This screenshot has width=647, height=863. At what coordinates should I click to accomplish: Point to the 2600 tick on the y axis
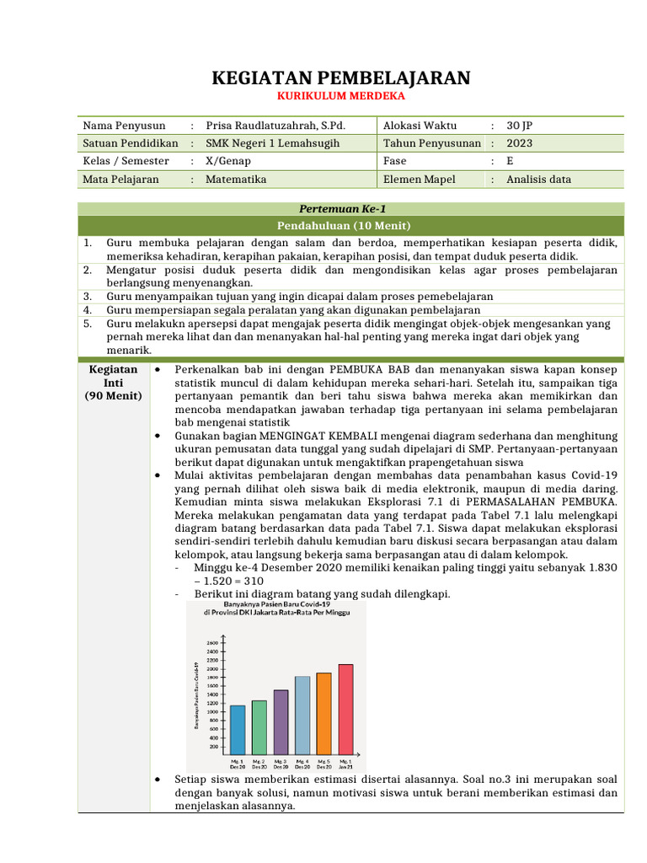pyautogui.click(x=213, y=642)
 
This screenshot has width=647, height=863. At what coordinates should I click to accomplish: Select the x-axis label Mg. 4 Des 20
pyautogui.click(x=302, y=764)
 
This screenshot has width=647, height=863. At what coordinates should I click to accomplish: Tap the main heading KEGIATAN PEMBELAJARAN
pyautogui.click(x=340, y=78)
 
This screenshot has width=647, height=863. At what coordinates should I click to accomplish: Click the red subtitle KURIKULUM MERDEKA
pyautogui.click(x=340, y=97)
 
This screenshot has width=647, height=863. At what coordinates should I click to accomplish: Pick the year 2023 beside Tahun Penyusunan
pyautogui.click(x=520, y=143)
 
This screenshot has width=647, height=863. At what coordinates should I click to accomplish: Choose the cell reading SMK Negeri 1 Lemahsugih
pyautogui.click(x=273, y=143)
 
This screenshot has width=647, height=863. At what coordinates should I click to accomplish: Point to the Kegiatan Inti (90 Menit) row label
pyautogui.click(x=113, y=382)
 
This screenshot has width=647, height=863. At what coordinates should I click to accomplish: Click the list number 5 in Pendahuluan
pyautogui.click(x=87, y=323)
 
